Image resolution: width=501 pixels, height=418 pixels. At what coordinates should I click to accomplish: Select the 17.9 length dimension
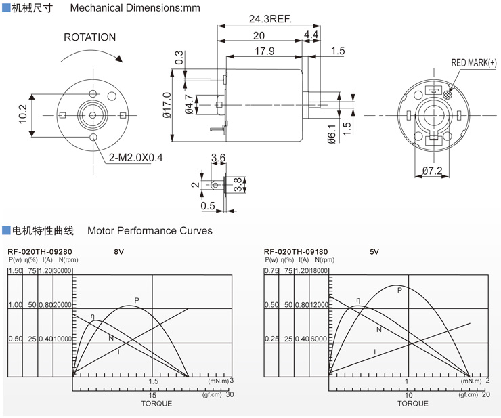(265, 51)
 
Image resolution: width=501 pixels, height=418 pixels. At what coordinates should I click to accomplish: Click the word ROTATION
(89, 37)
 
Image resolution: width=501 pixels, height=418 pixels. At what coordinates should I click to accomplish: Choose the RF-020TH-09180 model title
(295, 251)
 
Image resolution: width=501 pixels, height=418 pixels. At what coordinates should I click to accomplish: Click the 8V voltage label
(119, 251)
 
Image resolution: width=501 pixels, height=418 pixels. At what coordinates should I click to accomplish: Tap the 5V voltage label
(374, 251)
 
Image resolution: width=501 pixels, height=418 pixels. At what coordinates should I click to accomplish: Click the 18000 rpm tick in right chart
(318, 271)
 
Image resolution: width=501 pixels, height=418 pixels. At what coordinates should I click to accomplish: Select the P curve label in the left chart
(136, 300)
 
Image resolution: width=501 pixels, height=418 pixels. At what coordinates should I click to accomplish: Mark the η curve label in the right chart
(358, 300)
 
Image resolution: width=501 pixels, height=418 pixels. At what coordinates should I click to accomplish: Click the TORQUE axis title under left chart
(156, 404)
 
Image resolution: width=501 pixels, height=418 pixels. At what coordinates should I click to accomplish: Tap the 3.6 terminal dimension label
(219, 158)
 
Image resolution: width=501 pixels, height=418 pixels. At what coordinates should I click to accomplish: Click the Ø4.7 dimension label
(188, 105)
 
